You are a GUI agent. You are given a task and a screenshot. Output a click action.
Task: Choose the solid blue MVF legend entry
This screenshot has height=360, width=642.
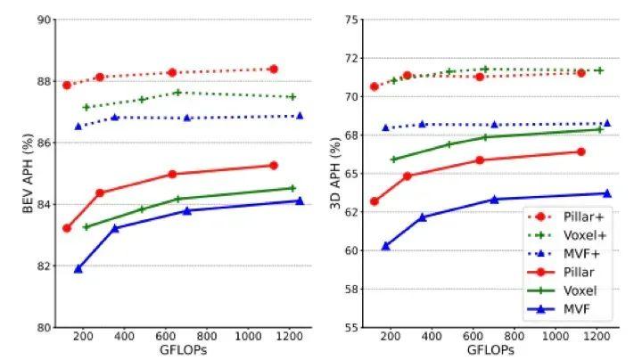[x=580, y=309]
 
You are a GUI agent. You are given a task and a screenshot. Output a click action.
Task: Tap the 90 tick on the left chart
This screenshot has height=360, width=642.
[x=43, y=19]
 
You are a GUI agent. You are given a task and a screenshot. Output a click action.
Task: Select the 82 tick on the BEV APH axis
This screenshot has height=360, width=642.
[x=43, y=266]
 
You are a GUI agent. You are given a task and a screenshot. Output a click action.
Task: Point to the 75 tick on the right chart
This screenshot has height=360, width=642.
[x=349, y=19]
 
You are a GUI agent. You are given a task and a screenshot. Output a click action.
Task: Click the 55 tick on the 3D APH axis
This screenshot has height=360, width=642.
[x=349, y=327]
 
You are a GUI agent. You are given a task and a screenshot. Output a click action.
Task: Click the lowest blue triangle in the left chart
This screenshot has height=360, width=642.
[x=78, y=268]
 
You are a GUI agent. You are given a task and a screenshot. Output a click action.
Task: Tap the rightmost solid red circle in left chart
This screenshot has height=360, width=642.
[x=274, y=165]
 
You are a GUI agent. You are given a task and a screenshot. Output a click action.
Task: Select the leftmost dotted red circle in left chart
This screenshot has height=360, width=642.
[x=67, y=85]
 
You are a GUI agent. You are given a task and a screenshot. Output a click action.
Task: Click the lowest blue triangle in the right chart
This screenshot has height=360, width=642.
[x=386, y=246]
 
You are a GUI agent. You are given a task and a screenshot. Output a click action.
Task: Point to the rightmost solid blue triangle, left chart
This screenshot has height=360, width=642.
[x=300, y=200]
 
